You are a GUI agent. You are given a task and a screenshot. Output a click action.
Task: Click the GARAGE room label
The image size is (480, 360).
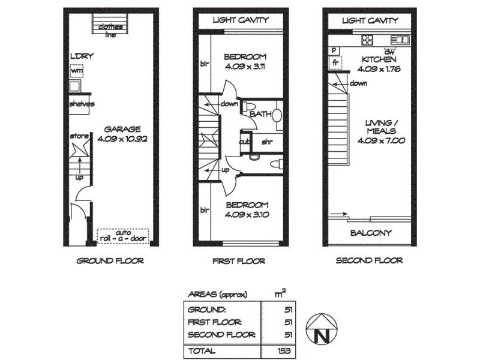click(x=122, y=129)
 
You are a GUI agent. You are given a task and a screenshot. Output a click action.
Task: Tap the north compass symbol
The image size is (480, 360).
click(x=322, y=328)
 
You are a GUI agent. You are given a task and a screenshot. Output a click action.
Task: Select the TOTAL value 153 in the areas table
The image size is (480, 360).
click(x=284, y=351)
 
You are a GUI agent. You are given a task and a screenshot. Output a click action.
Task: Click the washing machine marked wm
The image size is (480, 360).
click(x=77, y=71)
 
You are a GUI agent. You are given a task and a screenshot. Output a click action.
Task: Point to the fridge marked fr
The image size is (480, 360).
click(x=335, y=63)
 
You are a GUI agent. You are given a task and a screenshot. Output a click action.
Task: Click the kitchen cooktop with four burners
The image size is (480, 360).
click(x=367, y=40)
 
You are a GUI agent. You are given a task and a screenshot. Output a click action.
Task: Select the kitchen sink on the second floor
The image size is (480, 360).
click(x=400, y=40)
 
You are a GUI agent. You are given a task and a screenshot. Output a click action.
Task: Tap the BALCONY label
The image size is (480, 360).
click(x=371, y=233)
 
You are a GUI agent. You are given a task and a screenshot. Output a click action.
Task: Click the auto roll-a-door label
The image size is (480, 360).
click(x=123, y=236)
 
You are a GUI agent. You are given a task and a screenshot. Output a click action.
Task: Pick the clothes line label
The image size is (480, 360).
click(x=110, y=31)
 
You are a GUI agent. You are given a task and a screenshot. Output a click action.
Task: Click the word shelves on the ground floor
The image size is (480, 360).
click(x=82, y=104)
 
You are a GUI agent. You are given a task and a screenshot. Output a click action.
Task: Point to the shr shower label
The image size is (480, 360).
click(x=267, y=142)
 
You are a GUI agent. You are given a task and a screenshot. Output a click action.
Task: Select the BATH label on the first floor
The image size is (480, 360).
click(x=261, y=114)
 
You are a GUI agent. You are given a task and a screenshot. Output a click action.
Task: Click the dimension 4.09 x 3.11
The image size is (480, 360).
click(x=245, y=67)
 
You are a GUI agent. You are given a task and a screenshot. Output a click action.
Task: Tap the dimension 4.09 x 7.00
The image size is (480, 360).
click(x=382, y=140)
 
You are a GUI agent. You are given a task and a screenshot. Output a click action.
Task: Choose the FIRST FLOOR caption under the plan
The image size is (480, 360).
click(x=239, y=261)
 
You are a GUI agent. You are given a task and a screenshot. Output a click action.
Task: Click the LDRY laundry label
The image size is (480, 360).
click(x=82, y=56)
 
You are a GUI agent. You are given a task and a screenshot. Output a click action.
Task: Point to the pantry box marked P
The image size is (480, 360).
click(x=334, y=50)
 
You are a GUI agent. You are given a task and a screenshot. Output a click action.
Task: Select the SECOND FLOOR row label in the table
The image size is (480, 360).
click(x=221, y=335)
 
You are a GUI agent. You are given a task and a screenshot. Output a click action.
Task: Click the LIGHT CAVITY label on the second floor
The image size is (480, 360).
click(x=370, y=20)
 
